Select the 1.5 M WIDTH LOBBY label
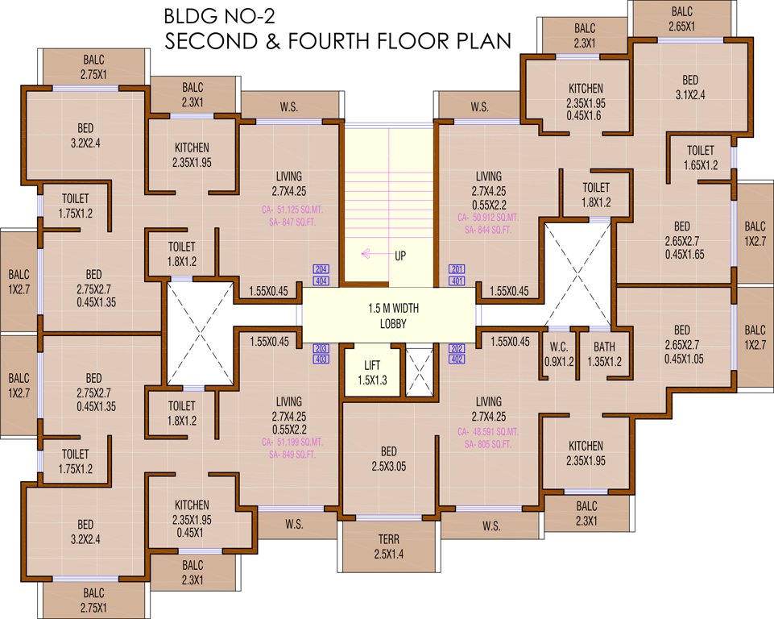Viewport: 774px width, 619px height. (x=394, y=315)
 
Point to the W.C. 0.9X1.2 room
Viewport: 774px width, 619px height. (x=561, y=355)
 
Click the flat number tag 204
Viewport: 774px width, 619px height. (x=321, y=269)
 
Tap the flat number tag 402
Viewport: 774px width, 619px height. (x=457, y=359)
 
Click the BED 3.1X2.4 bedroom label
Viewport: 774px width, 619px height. (x=690, y=87)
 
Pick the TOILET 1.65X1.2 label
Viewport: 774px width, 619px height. (x=700, y=157)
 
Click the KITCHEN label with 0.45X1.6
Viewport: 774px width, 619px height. (x=586, y=102)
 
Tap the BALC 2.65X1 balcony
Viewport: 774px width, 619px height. (x=681, y=19)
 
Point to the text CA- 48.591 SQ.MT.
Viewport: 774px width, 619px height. (x=489, y=431)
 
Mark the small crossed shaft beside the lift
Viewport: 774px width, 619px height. (x=419, y=372)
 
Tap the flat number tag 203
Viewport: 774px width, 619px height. (x=321, y=348)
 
